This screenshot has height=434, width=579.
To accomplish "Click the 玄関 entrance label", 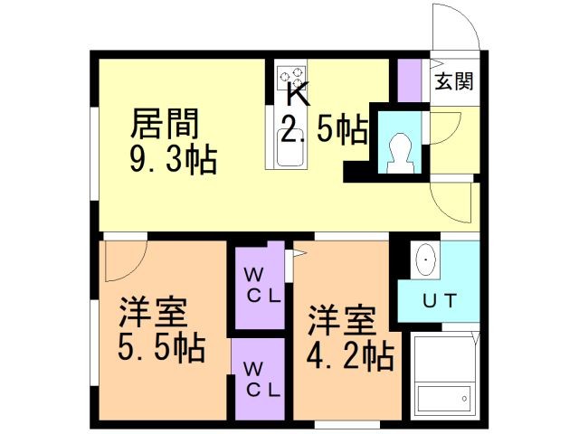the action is click(x=454, y=81).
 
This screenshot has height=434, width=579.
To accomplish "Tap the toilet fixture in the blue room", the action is click(x=400, y=153).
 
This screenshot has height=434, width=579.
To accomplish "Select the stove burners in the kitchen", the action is click(x=291, y=78).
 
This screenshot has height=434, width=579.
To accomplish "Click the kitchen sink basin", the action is click(x=290, y=147).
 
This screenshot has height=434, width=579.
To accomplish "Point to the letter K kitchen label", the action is click(x=298, y=94).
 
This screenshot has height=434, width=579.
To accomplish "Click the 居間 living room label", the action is click(x=165, y=123).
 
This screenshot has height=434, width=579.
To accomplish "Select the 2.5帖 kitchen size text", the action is click(x=325, y=129).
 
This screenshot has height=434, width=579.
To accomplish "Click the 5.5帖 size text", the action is click(x=161, y=347).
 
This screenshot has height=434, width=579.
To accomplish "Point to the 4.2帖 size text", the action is click(x=350, y=356).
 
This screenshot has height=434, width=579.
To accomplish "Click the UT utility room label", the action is click(x=440, y=301).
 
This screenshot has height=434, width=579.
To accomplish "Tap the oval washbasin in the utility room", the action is click(x=426, y=259).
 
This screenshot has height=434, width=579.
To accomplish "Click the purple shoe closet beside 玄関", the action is click(x=410, y=80).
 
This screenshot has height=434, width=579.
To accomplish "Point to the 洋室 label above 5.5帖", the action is click(x=153, y=312).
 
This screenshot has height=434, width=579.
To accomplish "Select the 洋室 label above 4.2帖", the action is click(x=342, y=320).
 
